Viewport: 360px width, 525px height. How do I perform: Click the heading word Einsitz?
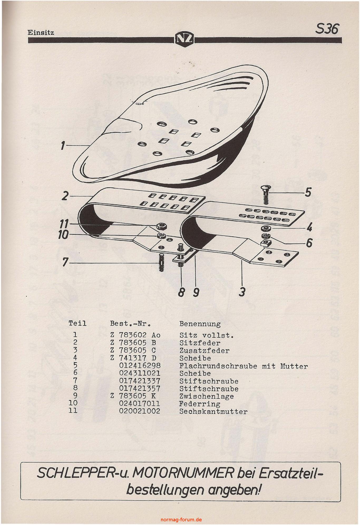[41, 33]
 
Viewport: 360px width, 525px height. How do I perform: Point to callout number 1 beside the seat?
[63, 145]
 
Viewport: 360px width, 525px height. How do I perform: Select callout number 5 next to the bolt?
[308, 192]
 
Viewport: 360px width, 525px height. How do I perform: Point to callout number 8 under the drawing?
[181, 292]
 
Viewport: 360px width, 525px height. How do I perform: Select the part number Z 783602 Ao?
[135, 335]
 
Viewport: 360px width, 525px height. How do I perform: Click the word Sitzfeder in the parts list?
[200, 343]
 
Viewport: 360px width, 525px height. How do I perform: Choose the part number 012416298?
[140, 366]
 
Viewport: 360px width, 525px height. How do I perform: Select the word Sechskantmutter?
[213, 411]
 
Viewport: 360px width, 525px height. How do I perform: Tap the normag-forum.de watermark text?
[181, 520]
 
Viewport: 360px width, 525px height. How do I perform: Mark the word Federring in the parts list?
[200, 404]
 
